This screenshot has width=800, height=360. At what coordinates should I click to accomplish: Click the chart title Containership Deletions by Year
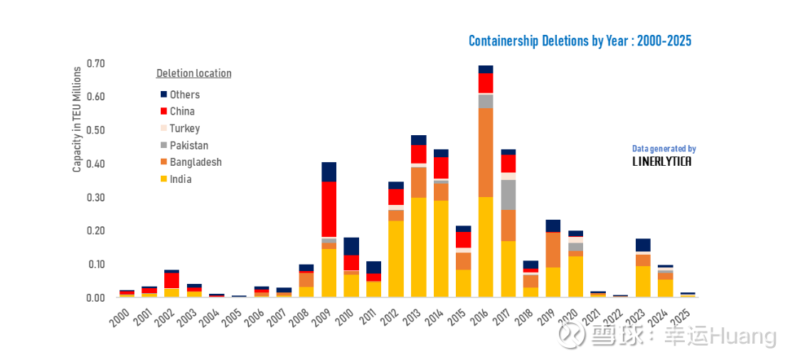pos(580,41)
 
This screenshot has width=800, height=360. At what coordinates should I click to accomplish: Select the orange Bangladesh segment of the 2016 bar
pos(486,152)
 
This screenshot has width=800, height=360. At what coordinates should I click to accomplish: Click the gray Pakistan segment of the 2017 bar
pos(508,194)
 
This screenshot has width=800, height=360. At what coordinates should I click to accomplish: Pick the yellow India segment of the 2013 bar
pos(418,247)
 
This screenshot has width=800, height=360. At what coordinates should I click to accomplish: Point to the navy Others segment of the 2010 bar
pos(351,246)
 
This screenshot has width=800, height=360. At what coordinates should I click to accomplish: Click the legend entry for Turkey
pos(184,129)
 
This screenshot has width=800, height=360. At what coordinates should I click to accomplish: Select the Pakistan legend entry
pos(188,146)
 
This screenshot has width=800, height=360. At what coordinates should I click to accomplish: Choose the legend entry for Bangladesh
pos(195,162)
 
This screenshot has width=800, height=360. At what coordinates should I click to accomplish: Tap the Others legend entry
pos(184,95)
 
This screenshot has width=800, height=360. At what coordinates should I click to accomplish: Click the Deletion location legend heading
pos(193,73)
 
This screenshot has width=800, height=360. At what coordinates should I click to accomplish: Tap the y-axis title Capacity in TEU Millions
pos(77,120)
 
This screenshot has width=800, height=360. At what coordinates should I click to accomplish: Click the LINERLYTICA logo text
pos(661,162)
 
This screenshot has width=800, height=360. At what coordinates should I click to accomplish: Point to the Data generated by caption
pos(663,149)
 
